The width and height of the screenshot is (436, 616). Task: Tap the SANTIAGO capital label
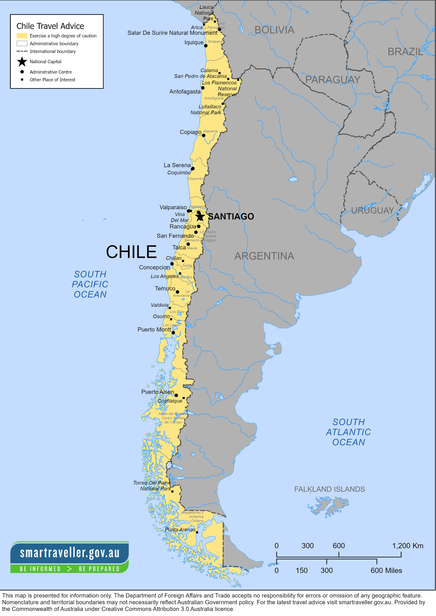pos(231,217)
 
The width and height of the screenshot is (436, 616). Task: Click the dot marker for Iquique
pos(206,46)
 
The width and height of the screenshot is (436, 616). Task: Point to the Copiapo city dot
pos(204,136)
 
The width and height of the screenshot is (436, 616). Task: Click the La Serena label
pos(177,165)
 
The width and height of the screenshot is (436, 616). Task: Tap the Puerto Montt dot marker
pos(173,333)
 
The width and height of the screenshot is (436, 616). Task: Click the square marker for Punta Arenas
pos(197,532)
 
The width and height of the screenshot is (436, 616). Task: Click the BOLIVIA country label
pos(274,30)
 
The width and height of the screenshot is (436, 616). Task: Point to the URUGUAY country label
pos(373,210)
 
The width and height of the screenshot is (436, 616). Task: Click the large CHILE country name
pos(131,252)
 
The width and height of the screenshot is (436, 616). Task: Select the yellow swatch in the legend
pos(22,36)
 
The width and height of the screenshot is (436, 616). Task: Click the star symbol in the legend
pos(22,62)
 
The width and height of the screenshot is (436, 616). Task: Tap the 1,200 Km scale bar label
pos(408,546)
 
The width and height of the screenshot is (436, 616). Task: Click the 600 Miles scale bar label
pos(386,570)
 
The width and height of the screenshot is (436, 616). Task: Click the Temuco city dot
pos(177,292)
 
